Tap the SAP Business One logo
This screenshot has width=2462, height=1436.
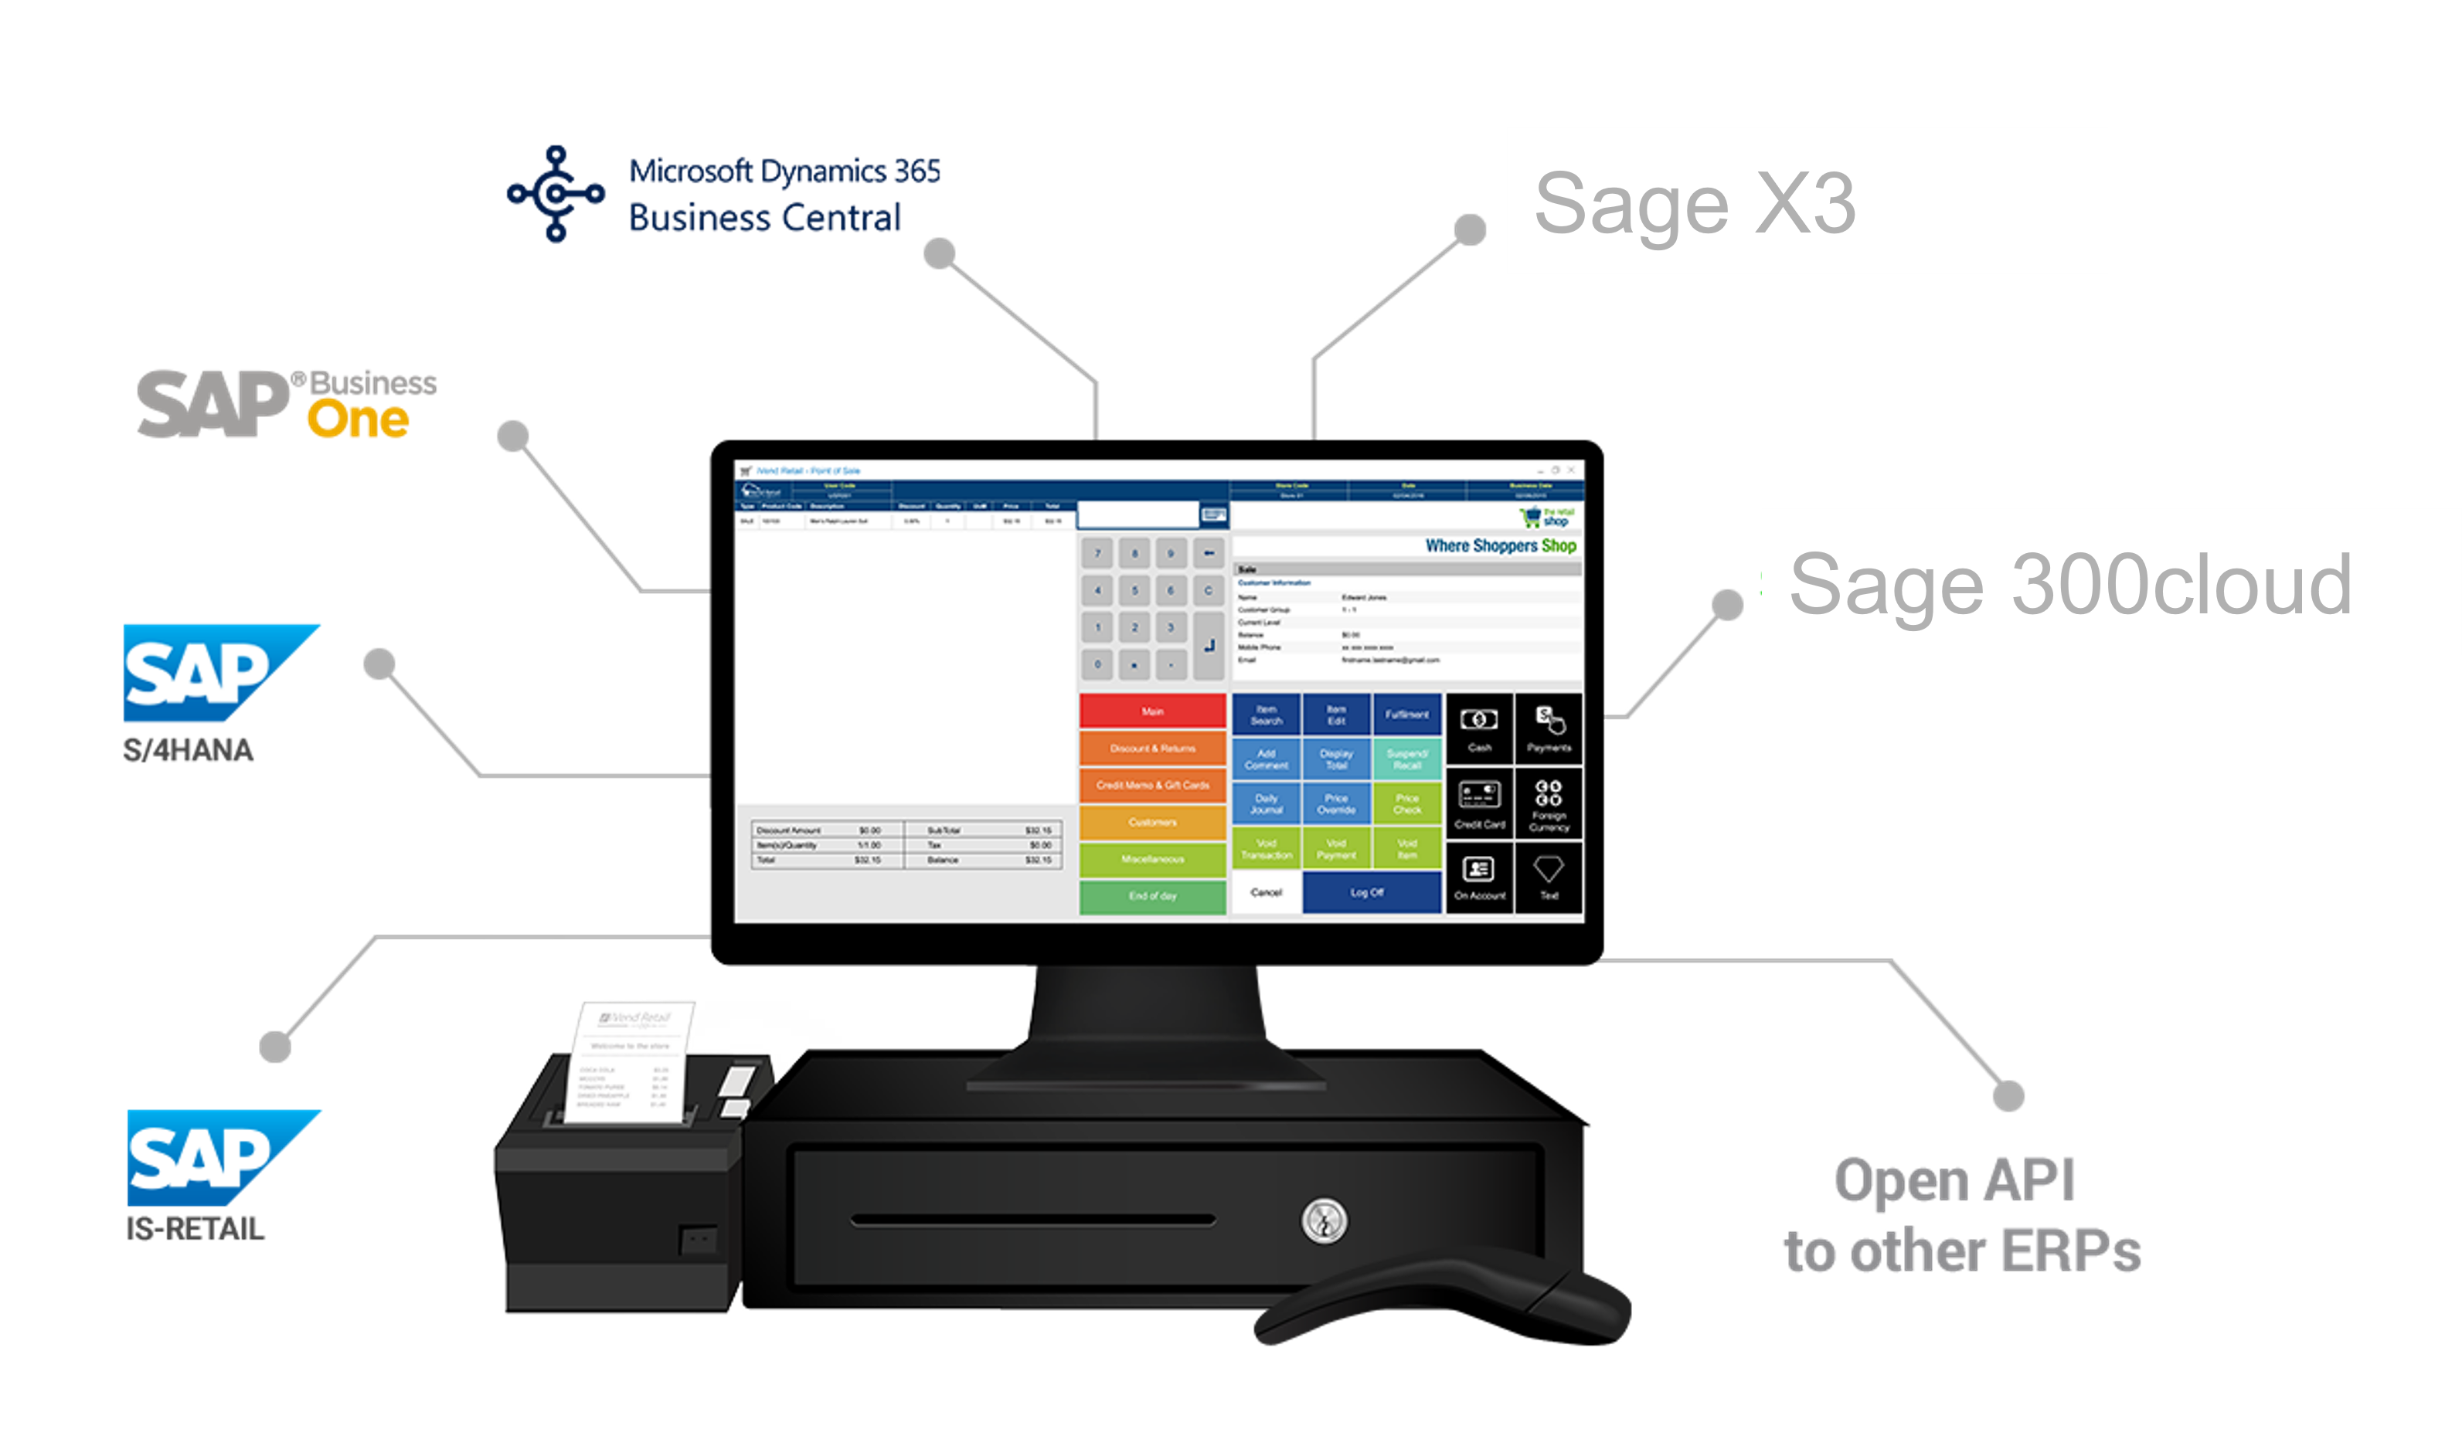click(x=286, y=403)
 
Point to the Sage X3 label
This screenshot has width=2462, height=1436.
click(x=1695, y=203)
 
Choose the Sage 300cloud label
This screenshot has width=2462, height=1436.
click(x=2069, y=584)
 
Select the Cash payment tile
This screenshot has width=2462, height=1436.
click(x=1479, y=728)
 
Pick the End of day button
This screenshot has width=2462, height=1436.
click(x=1152, y=896)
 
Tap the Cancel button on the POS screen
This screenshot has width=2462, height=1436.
click(x=1267, y=893)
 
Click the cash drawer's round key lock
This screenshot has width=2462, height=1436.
click(x=1324, y=1220)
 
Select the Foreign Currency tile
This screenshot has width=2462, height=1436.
click(x=1549, y=805)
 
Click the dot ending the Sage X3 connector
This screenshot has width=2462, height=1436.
click(x=1469, y=229)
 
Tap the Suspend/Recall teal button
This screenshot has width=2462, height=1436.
click(x=1407, y=759)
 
